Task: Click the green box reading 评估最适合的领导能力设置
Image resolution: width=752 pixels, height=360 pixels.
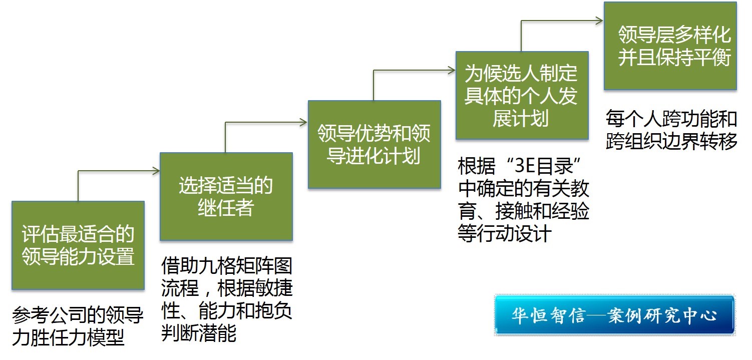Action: (78, 245)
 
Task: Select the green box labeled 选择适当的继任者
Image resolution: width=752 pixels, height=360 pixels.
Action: (226, 196)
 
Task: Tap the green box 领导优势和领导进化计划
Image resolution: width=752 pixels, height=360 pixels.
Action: (374, 144)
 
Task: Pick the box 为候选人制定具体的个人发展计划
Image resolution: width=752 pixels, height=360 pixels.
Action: (522, 95)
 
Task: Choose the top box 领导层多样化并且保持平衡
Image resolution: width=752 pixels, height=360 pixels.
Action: (670, 46)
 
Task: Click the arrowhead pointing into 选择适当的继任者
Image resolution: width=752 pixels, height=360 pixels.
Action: (156, 171)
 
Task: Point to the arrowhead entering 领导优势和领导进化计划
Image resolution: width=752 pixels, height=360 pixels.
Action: (304, 122)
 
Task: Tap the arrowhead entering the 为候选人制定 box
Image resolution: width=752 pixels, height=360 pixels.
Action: (452, 70)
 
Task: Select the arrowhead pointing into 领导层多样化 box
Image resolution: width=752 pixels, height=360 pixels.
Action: (600, 21)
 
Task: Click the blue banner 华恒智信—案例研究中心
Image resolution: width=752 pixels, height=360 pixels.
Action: (615, 315)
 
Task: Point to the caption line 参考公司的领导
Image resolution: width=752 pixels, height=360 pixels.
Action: (78, 315)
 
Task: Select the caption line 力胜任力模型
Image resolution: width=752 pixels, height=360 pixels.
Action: (69, 337)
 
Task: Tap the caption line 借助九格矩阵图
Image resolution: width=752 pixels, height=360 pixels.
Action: (227, 265)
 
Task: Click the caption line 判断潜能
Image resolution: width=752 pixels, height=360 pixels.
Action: (199, 333)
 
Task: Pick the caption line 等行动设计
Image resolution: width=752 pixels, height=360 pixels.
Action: (505, 233)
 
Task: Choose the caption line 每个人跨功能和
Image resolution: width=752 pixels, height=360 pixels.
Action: (671, 119)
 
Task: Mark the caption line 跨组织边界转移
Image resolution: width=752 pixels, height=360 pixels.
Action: (671, 141)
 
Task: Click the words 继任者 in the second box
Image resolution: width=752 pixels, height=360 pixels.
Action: (226, 207)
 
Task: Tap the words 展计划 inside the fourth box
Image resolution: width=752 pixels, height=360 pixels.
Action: (521, 118)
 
